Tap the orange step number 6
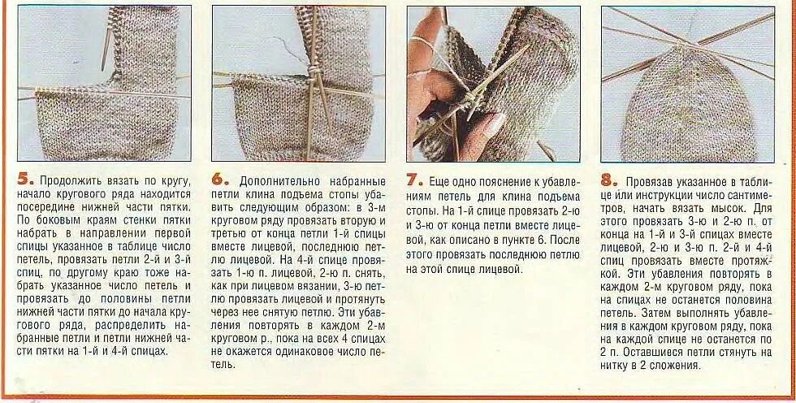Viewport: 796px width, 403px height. (218, 180)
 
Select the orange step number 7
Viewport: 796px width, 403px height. (413, 180)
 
